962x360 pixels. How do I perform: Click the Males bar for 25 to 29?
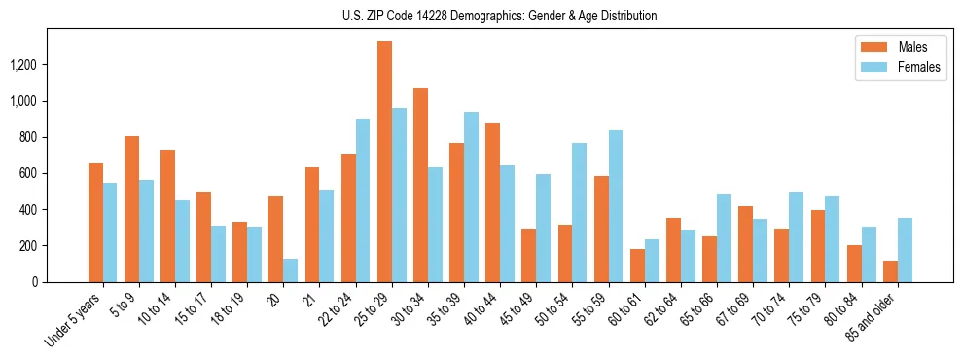(x=384, y=162)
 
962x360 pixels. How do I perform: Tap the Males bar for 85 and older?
(x=889, y=271)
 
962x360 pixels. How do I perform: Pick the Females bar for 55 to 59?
(x=615, y=206)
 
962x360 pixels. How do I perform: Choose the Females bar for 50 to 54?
(x=579, y=213)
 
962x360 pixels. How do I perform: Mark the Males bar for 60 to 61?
(x=636, y=266)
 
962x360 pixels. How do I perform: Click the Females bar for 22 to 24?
(x=363, y=200)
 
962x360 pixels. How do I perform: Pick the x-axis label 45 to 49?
(x=516, y=311)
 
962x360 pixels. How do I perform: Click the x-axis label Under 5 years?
(x=74, y=321)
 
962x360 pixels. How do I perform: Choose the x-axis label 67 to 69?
(x=731, y=311)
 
